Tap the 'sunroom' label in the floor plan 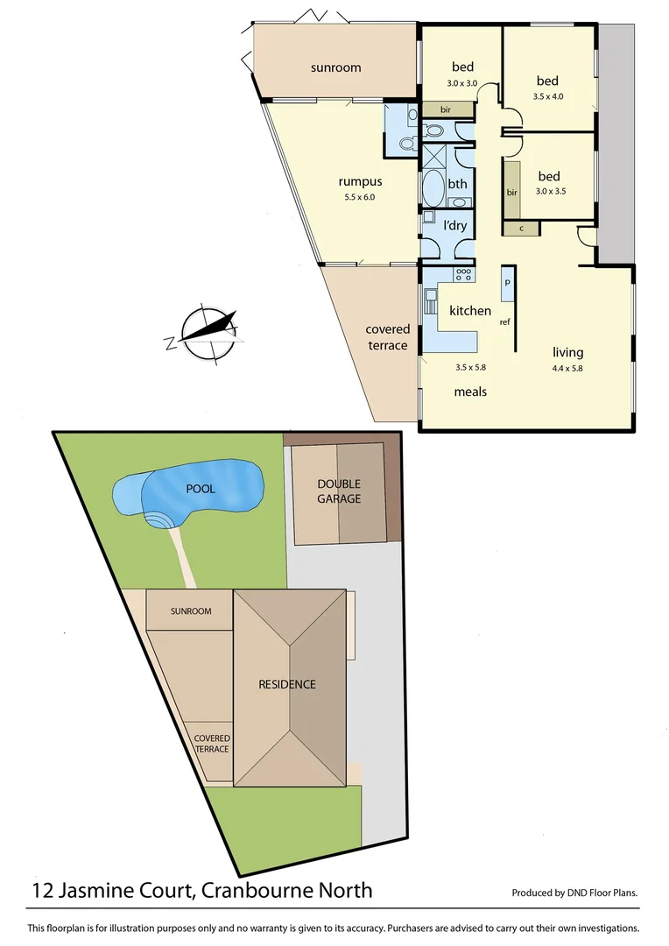click(335, 67)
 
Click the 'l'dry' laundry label click(455, 225)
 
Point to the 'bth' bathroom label click(457, 184)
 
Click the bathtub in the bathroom click(433, 187)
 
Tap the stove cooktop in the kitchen click(463, 273)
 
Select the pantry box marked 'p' click(507, 284)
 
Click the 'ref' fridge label click(504, 321)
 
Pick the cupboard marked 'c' click(522, 229)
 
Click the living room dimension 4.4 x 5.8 click(567, 368)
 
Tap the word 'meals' click(470, 392)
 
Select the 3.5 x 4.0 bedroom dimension click(548, 96)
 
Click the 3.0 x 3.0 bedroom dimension click(462, 83)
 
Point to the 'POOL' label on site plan click(200, 489)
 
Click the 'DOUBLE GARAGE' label click(339, 491)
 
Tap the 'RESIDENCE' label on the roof click(286, 684)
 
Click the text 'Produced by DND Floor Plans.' click(574, 893)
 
